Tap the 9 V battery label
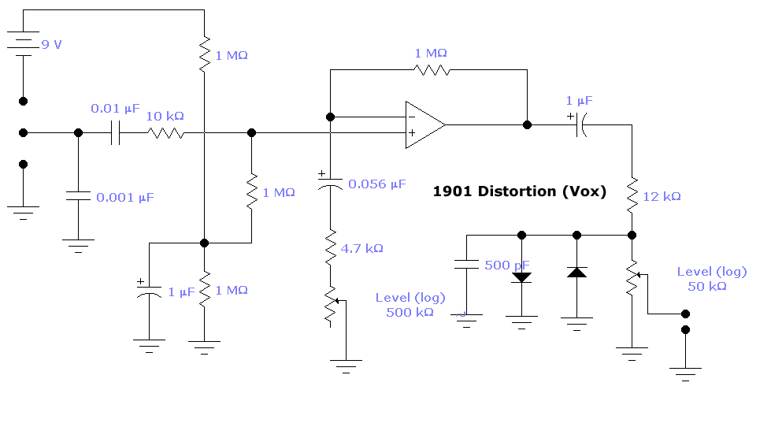[x=52, y=45]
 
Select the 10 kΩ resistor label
[x=165, y=116]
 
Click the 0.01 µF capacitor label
[x=115, y=108]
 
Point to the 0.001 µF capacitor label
[x=125, y=197]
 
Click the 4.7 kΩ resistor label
[x=361, y=248]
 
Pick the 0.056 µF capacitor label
[x=376, y=184]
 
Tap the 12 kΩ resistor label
[x=662, y=196]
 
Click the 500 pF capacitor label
[x=506, y=265]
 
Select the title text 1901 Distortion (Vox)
[x=519, y=191]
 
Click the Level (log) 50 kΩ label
[x=711, y=279]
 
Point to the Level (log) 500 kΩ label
[x=410, y=305]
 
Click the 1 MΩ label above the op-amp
[x=431, y=53]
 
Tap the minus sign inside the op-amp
[x=412, y=117]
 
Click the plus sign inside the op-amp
[x=412, y=132]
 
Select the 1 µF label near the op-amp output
[x=579, y=101]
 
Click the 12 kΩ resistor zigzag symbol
[x=632, y=195]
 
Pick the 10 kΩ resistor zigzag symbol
[x=166, y=133]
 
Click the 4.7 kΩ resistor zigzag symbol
[x=331, y=247]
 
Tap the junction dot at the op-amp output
[x=527, y=125]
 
